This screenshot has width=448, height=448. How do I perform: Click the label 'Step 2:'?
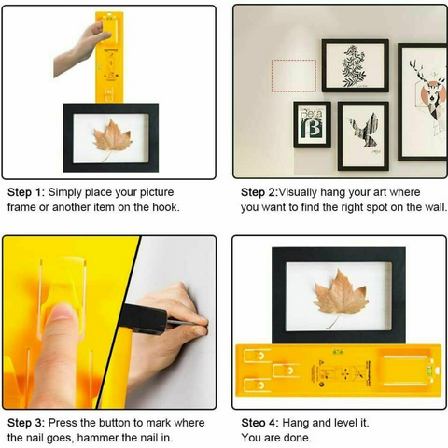coord(263,191)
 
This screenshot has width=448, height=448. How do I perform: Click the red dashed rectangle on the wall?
coord(293,76)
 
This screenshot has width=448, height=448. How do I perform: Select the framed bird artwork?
coord(363,135)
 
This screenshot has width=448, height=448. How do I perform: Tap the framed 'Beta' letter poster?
coord(313,124)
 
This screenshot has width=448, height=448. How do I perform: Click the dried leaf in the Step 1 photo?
coord(112,139)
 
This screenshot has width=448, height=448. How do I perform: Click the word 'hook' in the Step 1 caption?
coord(164,207)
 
